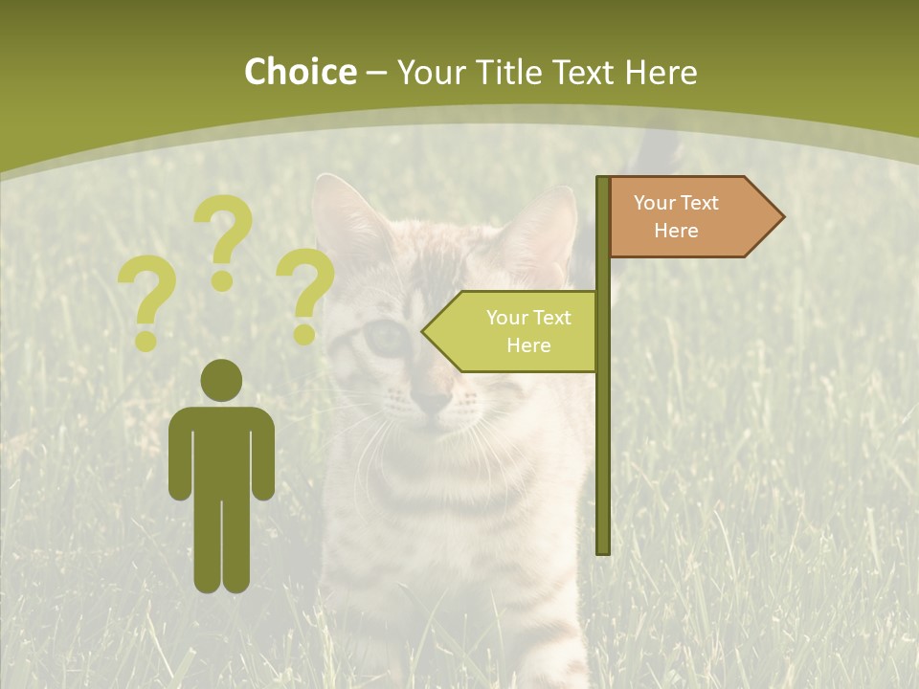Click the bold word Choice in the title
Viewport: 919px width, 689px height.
tap(300, 73)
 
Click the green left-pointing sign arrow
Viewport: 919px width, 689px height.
tap(512, 331)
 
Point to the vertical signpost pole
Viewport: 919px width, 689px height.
tap(602, 431)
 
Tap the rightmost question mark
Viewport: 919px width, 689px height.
tap(304, 295)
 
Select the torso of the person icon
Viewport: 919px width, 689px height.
tap(222, 450)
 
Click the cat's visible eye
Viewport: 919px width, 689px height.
tap(387, 337)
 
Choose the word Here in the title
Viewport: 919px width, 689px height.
tap(661, 73)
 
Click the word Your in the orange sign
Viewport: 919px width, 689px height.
tap(655, 203)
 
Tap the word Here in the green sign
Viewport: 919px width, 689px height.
tap(528, 345)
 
